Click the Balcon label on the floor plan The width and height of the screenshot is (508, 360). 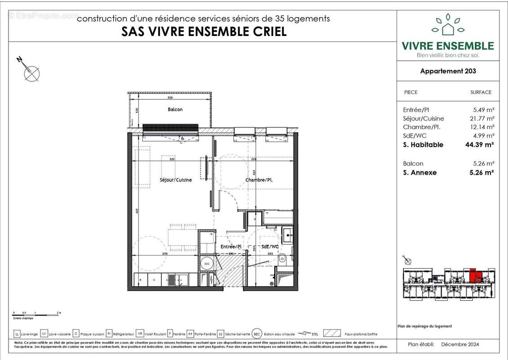click(x=175, y=109)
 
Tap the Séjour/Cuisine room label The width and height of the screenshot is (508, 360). click(x=175, y=180)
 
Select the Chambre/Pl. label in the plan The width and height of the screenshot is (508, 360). click(x=259, y=180)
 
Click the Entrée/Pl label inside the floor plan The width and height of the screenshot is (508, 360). click(x=231, y=247)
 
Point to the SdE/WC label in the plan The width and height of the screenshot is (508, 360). click(x=270, y=247)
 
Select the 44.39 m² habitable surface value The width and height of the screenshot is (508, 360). click(x=479, y=145)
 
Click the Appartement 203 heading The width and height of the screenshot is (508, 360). click(x=448, y=71)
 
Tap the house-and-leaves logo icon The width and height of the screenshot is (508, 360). click(x=448, y=26)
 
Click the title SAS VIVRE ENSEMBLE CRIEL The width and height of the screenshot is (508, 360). click(x=204, y=32)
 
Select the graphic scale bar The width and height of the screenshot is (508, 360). click(x=36, y=312)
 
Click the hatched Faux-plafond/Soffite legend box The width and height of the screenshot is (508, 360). click(x=332, y=334)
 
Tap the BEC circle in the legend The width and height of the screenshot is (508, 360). click(x=257, y=334)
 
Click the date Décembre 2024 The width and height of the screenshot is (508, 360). click(x=460, y=345)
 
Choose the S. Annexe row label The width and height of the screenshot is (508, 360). click(x=420, y=172)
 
